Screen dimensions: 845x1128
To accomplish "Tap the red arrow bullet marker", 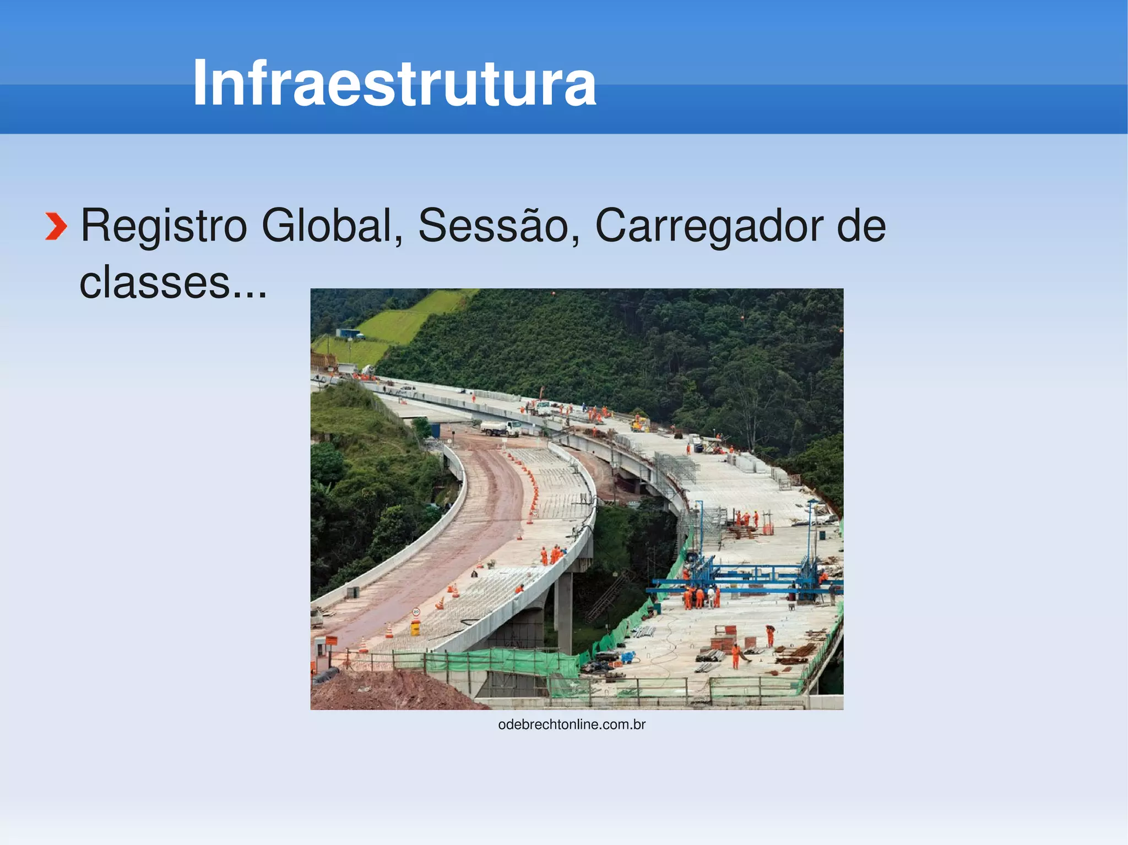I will [56, 226].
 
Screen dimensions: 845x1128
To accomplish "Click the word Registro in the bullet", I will [164, 226].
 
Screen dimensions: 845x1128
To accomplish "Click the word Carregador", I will [709, 226].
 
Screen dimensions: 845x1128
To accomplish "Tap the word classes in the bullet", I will [155, 282].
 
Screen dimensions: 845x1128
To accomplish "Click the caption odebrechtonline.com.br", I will [571, 724].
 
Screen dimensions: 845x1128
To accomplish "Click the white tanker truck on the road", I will [500, 428].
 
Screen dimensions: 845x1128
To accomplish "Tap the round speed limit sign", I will [416, 612].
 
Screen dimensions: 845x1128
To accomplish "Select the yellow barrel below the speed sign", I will [415, 626].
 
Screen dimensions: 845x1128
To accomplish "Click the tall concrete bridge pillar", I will [565, 611].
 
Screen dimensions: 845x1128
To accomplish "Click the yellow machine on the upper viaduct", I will [639, 424].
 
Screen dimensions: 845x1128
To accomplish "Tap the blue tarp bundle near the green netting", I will [628, 657].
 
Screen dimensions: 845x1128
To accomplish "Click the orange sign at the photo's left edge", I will [331, 640].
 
